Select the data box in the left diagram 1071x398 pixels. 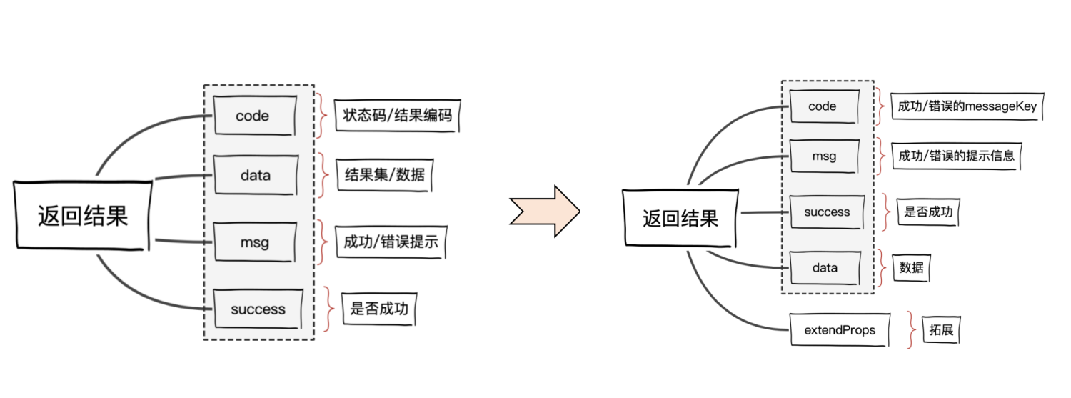click(x=254, y=174)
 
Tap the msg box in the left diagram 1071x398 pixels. click(x=254, y=242)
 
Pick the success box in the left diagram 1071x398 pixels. click(x=258, y=309)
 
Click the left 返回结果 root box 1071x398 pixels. click(x=83, y=215)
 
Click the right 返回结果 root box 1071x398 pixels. click(x=680, y=217)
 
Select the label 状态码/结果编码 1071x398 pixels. click(x=397, y=115)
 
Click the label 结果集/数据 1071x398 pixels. click(x=385, y=174)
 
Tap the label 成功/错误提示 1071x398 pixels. click(x=391, y=243)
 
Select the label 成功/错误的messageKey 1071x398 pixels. click(x=967, y=106)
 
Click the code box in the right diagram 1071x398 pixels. click(x=823, y=106)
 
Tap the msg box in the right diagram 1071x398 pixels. click(x=824, y=156)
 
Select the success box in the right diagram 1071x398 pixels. click(x=827, y=212)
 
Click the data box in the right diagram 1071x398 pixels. click(x=825, y=268)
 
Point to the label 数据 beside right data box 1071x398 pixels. click(x=911, y=268)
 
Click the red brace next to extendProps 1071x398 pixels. click(x=910, y=330)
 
